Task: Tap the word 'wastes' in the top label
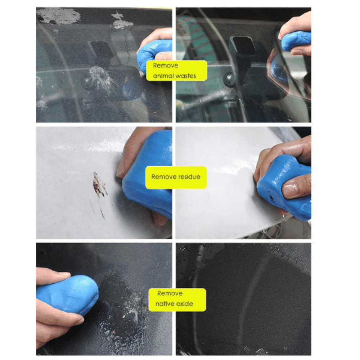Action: point(185,76)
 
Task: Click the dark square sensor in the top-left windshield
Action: point(101,49)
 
